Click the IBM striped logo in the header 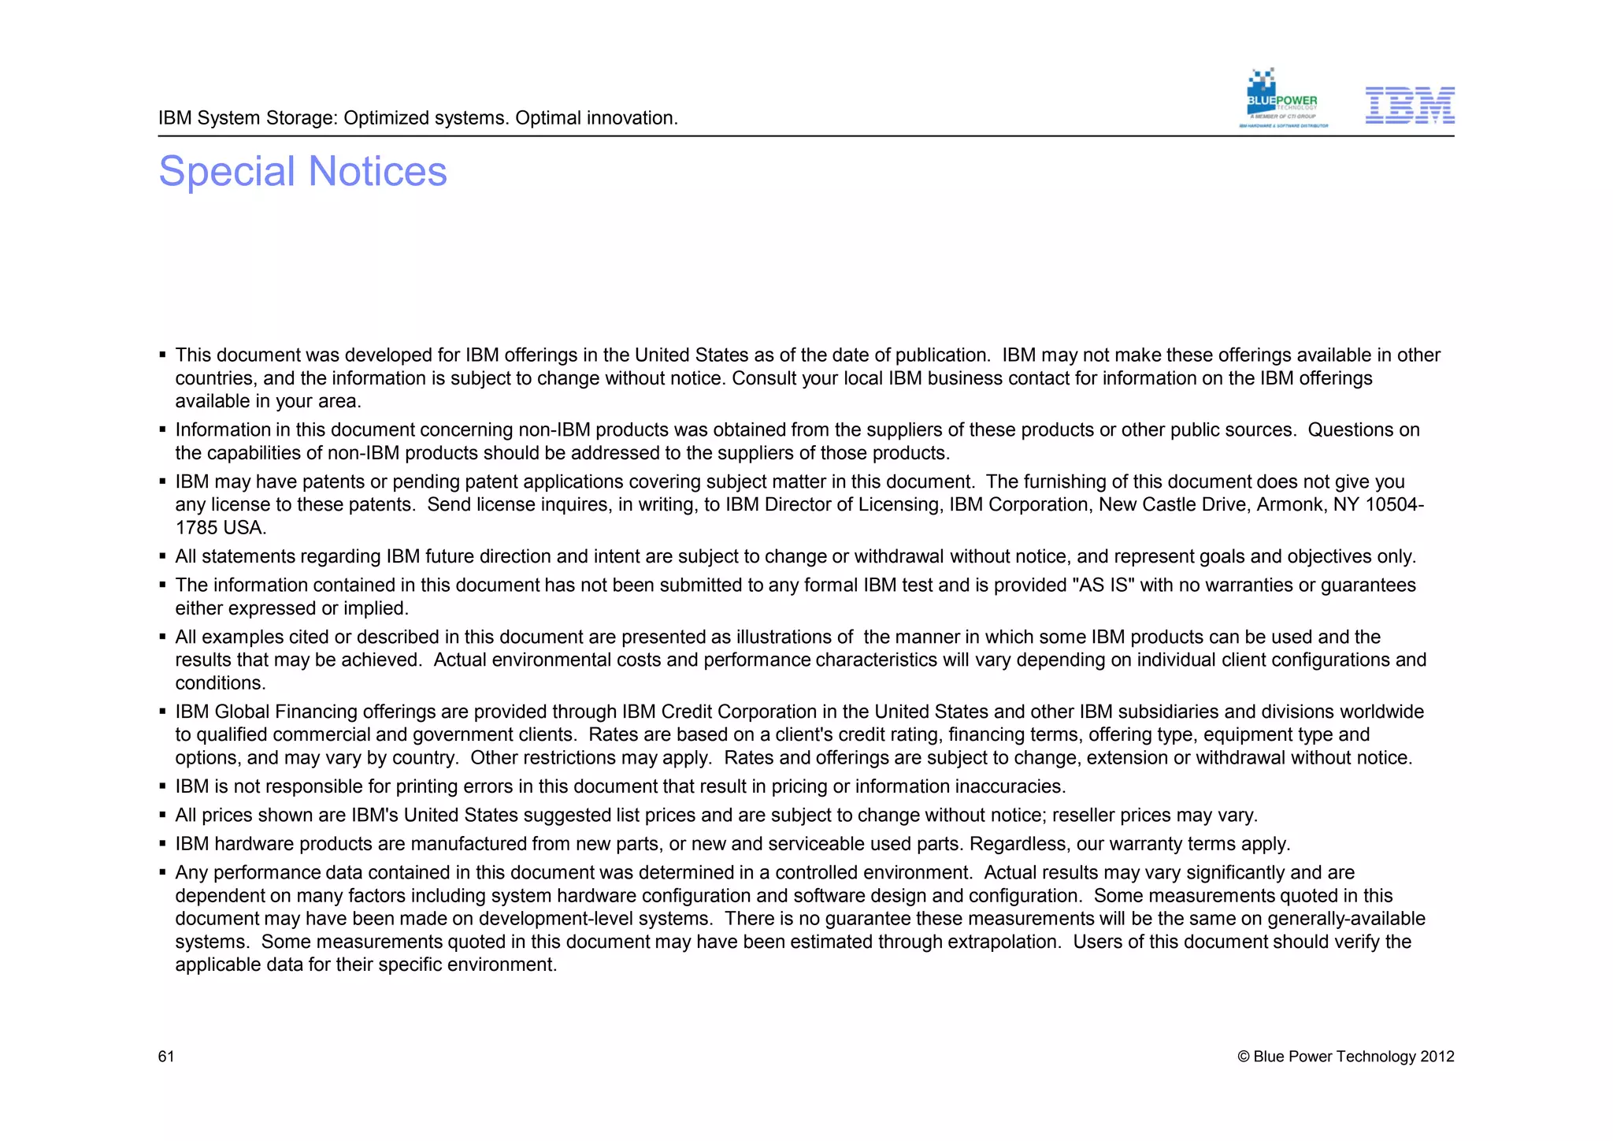(1409, 106)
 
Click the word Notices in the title (377, 172)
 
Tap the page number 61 (166, 1057)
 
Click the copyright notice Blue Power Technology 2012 (1345, 1057)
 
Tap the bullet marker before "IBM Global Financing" (162, 712)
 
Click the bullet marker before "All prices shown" (162, 816)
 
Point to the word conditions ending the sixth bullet (220, 683)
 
